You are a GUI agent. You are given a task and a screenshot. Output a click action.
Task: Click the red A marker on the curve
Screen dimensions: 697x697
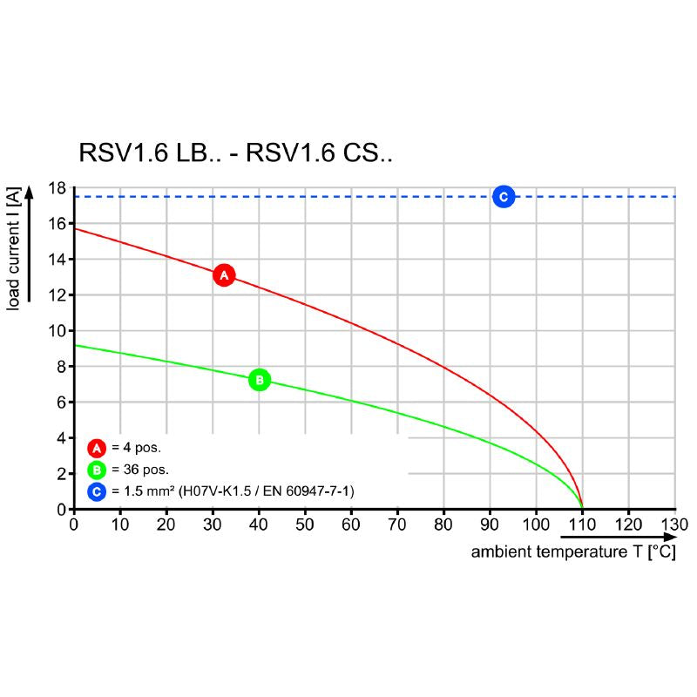tap(224, 275)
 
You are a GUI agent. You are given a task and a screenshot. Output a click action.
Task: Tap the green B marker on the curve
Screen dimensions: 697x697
tap(259, 380)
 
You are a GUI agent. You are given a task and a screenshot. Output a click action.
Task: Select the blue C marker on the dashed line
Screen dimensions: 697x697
tap(503, 197)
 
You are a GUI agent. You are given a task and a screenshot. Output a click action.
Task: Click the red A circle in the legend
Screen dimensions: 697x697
tap(97, 449)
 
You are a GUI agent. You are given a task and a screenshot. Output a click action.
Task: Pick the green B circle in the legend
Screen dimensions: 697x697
tap(97, 470)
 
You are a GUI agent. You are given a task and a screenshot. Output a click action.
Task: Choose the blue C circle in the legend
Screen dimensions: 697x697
tap(97, 492)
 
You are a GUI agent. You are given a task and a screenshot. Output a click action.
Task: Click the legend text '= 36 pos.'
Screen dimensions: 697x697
tap(140, 470)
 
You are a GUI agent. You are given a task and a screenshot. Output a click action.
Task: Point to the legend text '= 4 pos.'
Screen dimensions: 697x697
tap(137, 449)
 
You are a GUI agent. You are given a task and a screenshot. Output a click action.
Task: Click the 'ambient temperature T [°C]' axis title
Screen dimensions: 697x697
tap(573, 552)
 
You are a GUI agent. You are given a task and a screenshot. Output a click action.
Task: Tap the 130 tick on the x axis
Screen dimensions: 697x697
tap(674, 524)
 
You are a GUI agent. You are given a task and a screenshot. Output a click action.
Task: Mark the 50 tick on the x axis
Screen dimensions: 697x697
tap(305, 524)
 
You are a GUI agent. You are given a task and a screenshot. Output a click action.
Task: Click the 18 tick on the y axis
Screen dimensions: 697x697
tap(57, 188)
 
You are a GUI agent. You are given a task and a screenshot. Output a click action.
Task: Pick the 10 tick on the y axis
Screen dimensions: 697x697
tap(57, 331)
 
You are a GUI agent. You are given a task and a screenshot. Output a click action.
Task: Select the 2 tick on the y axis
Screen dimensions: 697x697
tap(61, 474)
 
